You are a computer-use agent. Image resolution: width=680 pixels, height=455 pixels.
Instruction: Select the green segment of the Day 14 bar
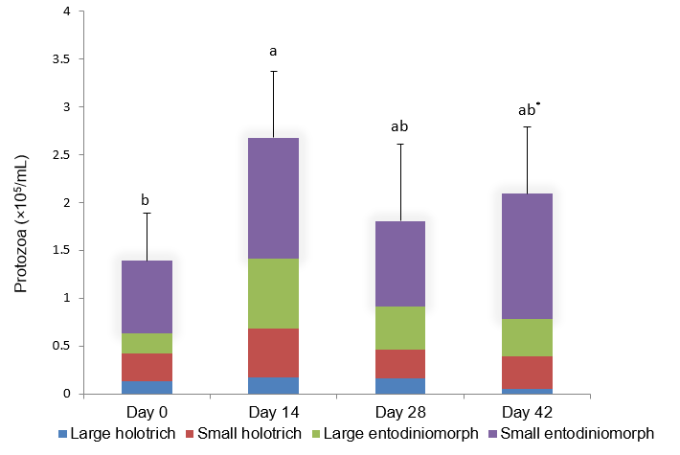coord(273,293)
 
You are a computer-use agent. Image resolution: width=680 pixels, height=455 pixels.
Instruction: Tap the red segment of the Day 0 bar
coord(147,367)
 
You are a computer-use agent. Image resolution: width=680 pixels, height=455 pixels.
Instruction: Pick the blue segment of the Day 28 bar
coord(399,386)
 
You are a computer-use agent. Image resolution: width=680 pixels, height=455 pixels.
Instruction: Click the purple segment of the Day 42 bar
coord(526,256)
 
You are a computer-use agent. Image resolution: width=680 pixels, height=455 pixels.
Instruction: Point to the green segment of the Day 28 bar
coord(399,328)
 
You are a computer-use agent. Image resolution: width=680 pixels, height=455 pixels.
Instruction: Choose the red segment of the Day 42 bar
coord(526,372)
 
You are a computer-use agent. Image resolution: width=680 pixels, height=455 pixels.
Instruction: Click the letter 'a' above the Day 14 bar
coord(273,51)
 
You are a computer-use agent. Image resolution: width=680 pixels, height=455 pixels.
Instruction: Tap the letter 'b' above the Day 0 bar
coord(146,200)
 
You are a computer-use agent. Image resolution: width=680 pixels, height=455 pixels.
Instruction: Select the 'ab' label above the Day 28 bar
coord(399,126)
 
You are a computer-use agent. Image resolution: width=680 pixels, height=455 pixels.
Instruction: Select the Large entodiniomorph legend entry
coord(407,433)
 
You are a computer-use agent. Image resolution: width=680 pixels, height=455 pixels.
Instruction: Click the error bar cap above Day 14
coord(273,71)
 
